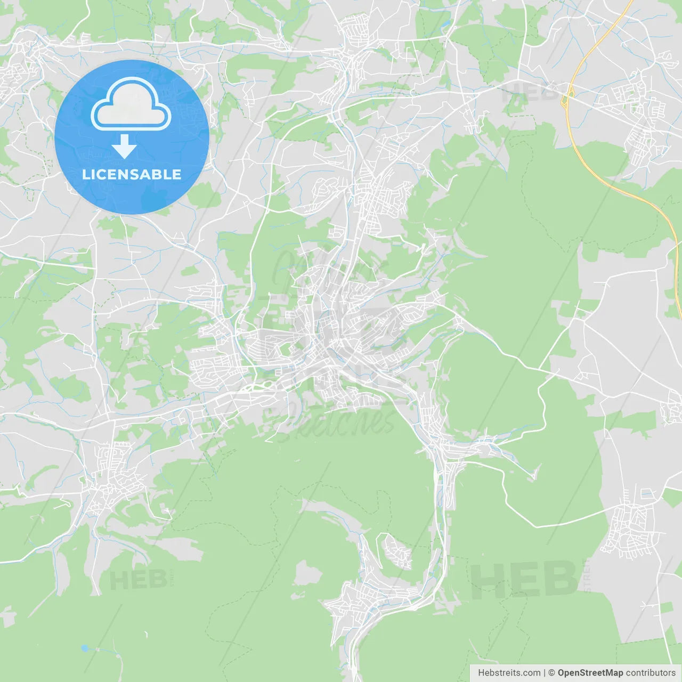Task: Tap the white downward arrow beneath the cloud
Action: [125, 147]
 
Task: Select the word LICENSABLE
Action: [132, 174]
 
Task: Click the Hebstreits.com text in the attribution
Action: [509, 673]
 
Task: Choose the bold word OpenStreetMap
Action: [590, 673]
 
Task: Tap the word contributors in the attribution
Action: [651, 673]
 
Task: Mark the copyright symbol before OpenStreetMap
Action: [552, 673]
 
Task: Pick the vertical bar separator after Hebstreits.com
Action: [545, 673]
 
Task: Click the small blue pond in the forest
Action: [85, 648]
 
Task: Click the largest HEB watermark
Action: [525, 580]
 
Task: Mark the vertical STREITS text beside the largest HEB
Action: [588, 575]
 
